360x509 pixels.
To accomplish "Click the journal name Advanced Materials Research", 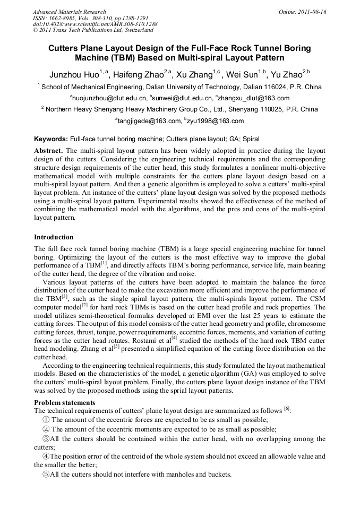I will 69,12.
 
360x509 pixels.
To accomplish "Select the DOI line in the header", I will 95,24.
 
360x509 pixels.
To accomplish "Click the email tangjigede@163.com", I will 148,121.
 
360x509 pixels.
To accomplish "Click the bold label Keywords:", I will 51,139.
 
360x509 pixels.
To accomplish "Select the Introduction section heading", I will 54,237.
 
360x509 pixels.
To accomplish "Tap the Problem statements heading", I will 65,402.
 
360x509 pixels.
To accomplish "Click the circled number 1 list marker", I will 46,419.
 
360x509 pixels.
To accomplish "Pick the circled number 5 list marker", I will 46,474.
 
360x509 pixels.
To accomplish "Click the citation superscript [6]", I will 287,409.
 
